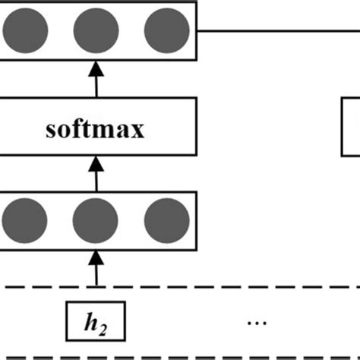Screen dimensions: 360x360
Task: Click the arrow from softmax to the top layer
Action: [x=96, y=80]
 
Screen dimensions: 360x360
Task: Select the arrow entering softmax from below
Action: [x=96, y=172]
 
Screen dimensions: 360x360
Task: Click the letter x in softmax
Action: [x=137, y=130]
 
